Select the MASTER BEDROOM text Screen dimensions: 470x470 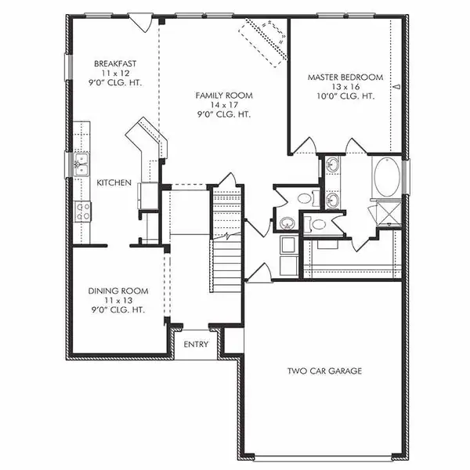click(345, 77)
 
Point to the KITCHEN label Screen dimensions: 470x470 click(114, 183)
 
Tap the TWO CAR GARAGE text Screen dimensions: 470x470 click(324, 371)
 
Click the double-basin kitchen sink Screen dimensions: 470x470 click(79, 164)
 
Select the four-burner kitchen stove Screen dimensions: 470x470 click(81, 209)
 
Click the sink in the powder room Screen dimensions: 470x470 click(287, 222)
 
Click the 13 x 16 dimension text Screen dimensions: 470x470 click(345, 86)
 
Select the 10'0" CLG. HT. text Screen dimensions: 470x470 click(345, 96)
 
